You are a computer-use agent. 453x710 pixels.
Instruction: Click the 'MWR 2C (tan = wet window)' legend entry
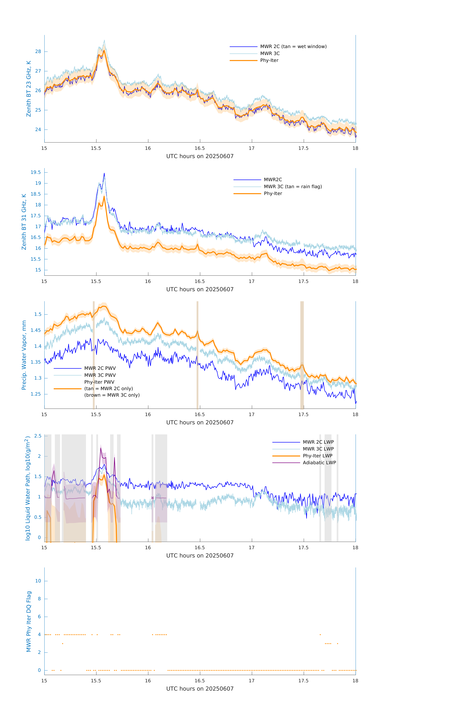tap(293, 47)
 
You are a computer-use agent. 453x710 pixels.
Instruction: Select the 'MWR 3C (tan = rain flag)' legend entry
tap(292, 187)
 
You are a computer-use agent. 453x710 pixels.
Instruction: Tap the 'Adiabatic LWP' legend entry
tap(319, 463)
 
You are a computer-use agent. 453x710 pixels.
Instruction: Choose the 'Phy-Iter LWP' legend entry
tap(317, 456)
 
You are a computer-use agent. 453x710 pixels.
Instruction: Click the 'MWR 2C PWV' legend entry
tap(100, 368)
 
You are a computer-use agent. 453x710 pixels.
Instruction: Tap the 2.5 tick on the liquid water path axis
tap(38, 436)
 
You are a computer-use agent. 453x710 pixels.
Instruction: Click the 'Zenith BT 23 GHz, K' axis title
tap(29, 89)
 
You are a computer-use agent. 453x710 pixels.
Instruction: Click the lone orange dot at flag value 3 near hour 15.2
tap(63, 644)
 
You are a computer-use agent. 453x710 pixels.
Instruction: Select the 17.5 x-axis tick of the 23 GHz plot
tap(303, 148)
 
